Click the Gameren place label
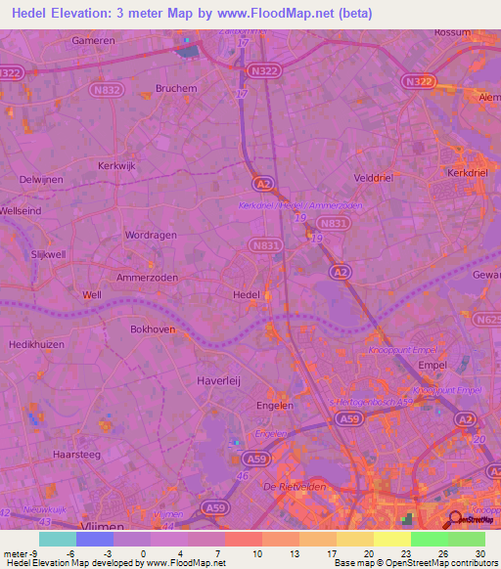(x=94, y=41)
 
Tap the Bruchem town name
(x=176, y=87)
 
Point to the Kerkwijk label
(x=121, y=165)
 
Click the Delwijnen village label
(x=41, y=180)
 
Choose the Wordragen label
(x=149, y=235)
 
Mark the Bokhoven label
(x=153, y=329)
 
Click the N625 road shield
(x=487, y=319)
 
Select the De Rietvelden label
(x=294, y=486)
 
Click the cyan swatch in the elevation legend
(x=57, y=539)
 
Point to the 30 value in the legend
(x=479, y=553)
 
